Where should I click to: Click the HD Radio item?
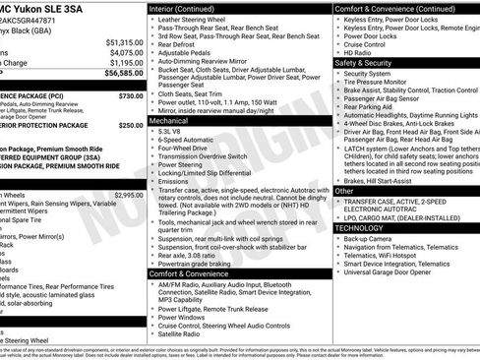(x=360, y=51)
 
